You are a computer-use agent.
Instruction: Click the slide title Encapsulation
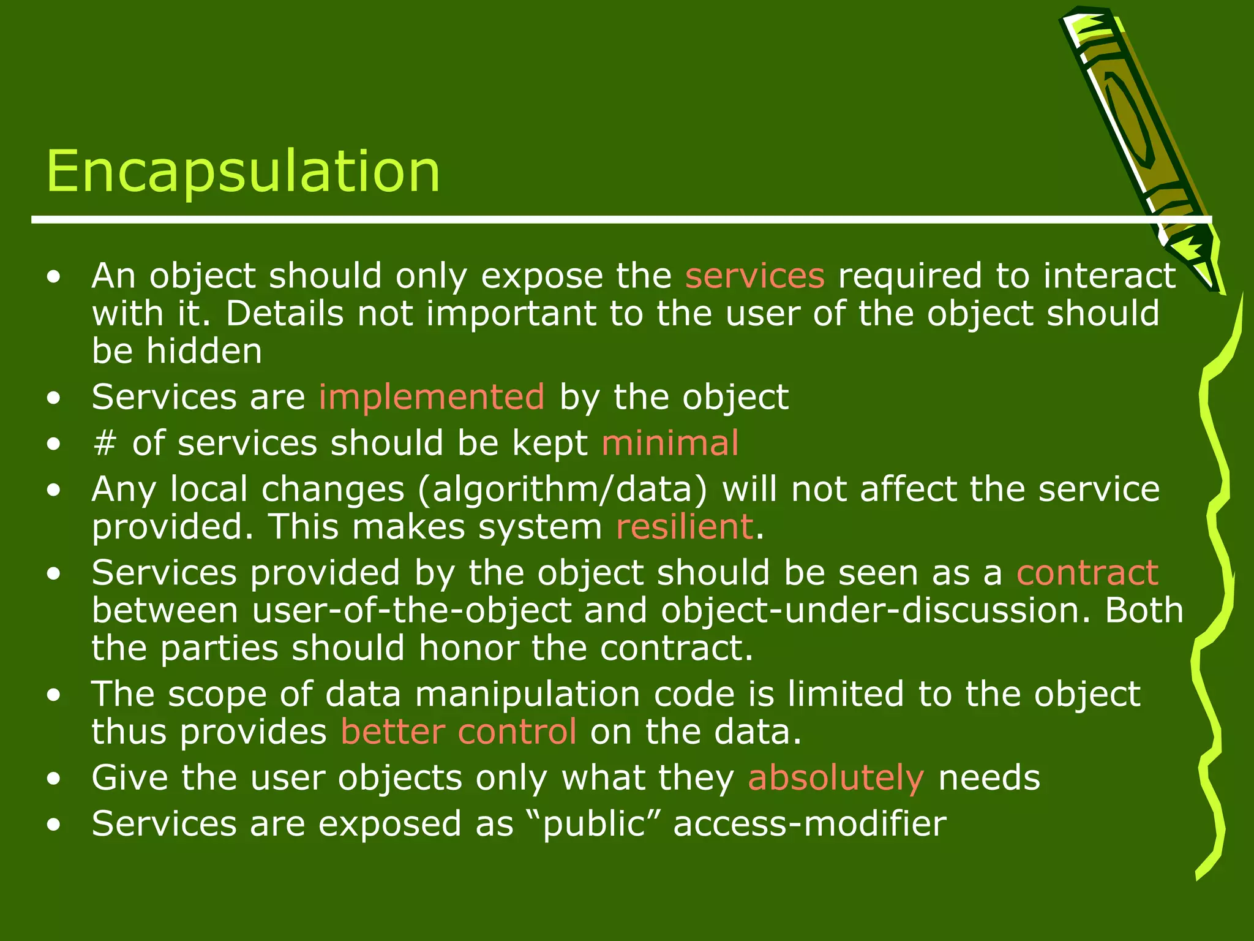point(243,172)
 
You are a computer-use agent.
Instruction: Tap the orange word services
point(754,276)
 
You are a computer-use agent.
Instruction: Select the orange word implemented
point(431,397)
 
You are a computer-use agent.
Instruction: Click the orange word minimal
point(670,443)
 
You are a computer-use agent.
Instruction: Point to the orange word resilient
point(684,527)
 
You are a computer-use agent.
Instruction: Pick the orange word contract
point(1087,573)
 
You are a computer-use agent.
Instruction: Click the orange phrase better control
point(458,731)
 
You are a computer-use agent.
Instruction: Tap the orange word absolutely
point(835,778)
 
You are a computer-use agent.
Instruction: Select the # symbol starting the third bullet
point(105,443)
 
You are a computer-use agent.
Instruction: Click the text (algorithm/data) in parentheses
point(562,490)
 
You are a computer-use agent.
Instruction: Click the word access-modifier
point(809,824)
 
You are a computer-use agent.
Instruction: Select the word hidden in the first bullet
point(204,352)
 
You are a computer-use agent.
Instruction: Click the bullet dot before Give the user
point(54,779)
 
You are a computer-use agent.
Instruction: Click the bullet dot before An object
point(54,277)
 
